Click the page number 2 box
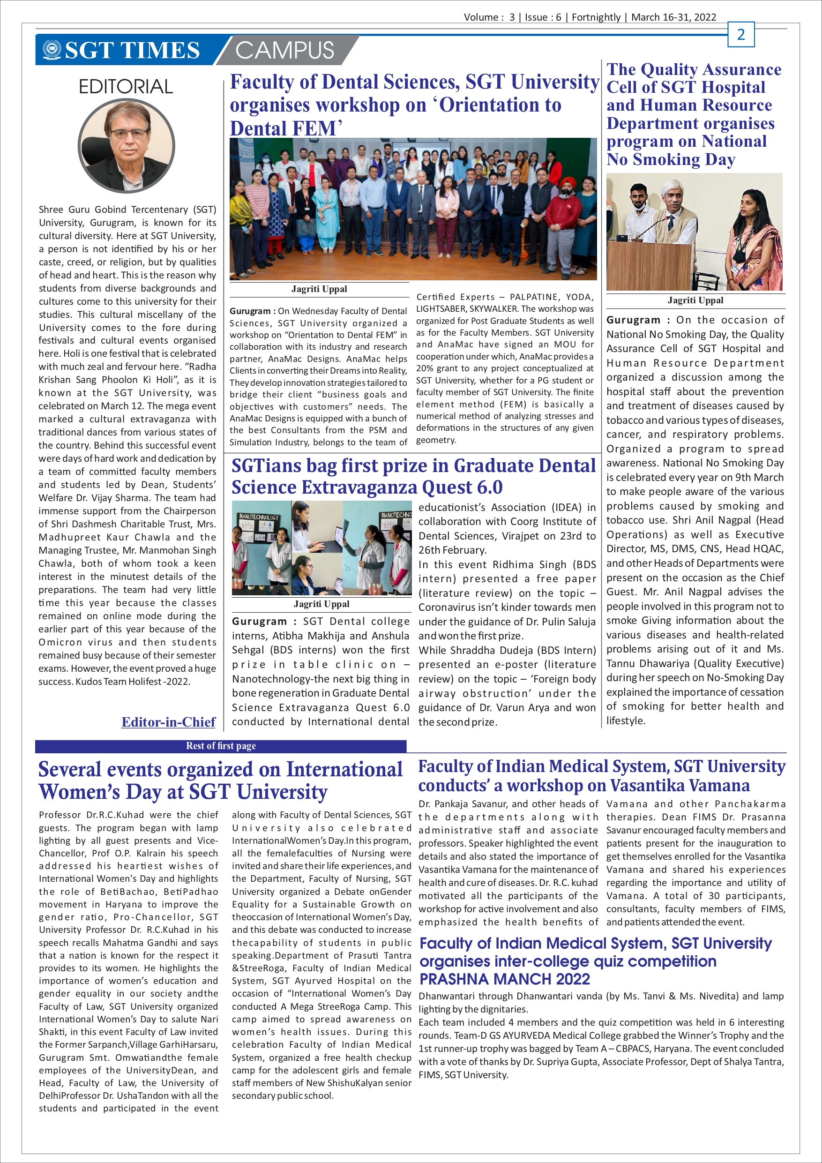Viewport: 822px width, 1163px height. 740,34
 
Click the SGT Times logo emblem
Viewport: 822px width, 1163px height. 51,50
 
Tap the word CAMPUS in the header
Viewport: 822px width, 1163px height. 284,51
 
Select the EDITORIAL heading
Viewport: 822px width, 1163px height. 126,87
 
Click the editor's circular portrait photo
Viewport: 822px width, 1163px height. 126,145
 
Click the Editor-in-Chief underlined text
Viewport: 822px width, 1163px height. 168,722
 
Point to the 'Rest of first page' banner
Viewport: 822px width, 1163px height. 221,746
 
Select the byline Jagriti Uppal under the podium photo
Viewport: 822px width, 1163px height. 695,300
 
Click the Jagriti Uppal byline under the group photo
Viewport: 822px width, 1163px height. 319,289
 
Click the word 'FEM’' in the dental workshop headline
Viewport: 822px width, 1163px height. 321,128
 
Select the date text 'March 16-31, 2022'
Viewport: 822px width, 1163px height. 673,17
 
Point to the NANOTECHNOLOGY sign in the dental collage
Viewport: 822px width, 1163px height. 259,517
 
